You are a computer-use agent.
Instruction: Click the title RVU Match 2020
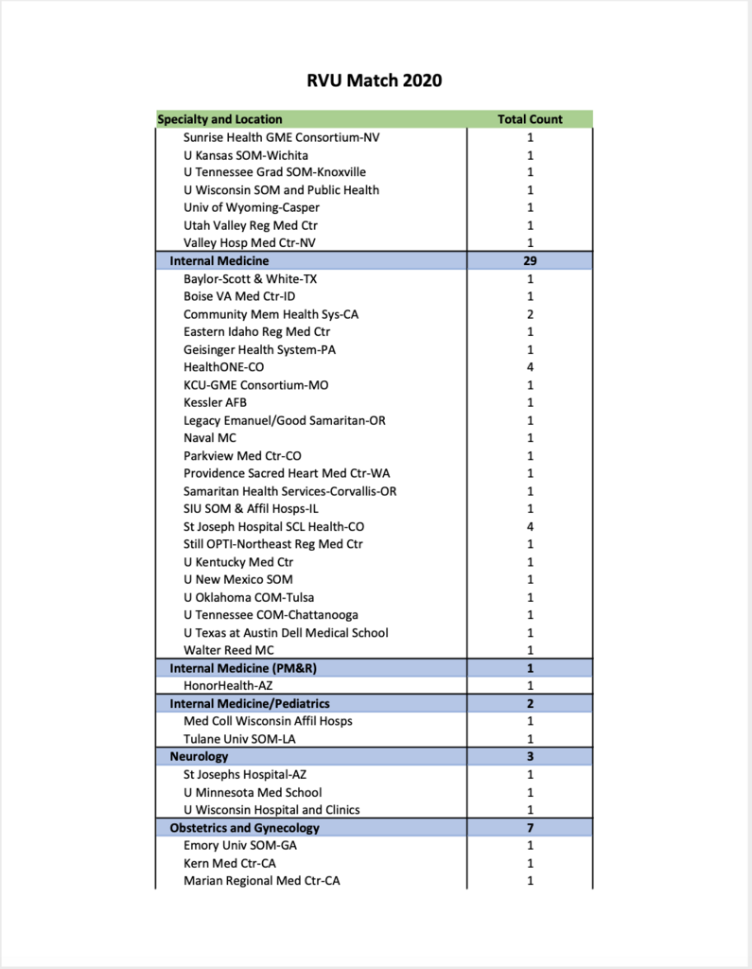(x=374, y=80)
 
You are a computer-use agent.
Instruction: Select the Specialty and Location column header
(x=219, y=119)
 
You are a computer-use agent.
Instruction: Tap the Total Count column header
(x=530, y=119)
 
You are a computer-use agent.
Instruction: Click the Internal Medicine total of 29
(x=530, y=260)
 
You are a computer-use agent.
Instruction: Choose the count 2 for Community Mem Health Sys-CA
(x=530, y=314)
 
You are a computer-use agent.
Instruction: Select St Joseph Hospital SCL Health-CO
(x=274, y=526)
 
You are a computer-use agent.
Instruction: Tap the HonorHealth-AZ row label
(x=228, y=685)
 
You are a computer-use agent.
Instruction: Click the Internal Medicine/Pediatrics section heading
(x=250, y=703)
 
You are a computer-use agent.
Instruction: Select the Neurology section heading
(x=199, y=757)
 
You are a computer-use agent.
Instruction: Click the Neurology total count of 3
(x=530, y=757)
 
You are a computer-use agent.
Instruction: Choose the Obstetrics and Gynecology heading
(x=244, y=828)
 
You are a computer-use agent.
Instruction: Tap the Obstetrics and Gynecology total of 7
(x=530, y=828)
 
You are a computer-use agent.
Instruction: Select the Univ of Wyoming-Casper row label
(x=252, y=207)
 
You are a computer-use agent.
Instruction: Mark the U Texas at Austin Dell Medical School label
(x=286, y=632)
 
